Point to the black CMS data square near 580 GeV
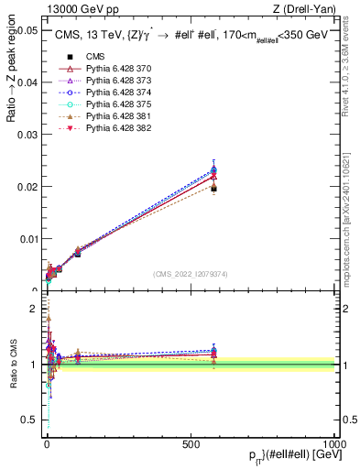point(213,188)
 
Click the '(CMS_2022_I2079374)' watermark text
point(190,274)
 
